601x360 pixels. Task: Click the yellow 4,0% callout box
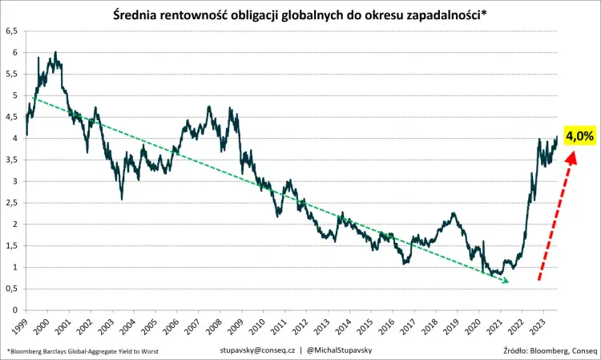[x=579, y=136]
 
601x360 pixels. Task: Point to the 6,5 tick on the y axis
[x=12, y=30]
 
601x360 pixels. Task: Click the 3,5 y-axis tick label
[x=12, y=160]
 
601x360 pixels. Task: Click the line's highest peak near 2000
[x=55, y=52]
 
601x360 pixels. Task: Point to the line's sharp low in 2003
[x=121, y=199]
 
